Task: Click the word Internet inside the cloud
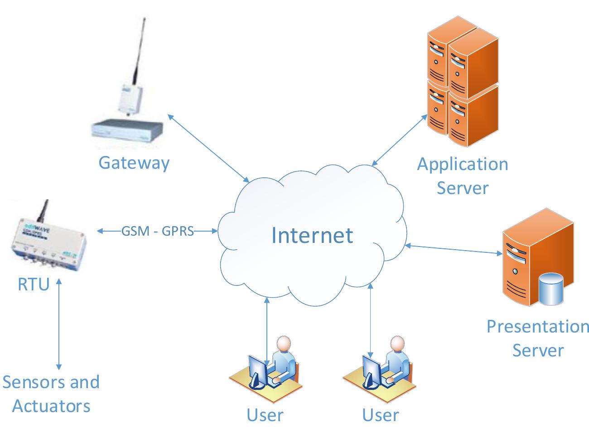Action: (312, 235)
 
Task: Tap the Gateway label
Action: (134, 162)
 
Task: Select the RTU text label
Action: (33, 285)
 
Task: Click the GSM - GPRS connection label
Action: (158, 231)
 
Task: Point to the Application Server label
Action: (462, 175)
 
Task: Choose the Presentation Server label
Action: (538, 338)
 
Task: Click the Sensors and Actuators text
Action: (51, 394)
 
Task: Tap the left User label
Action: (265, 414)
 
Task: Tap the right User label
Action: (381, 414)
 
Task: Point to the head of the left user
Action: (284, 344)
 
